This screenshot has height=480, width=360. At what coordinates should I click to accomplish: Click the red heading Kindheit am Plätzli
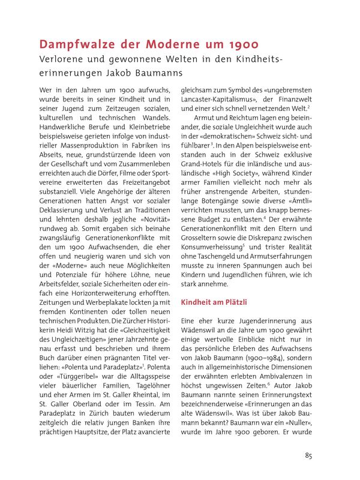pos(214,303)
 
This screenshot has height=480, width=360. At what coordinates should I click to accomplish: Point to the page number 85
pos(308,456)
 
